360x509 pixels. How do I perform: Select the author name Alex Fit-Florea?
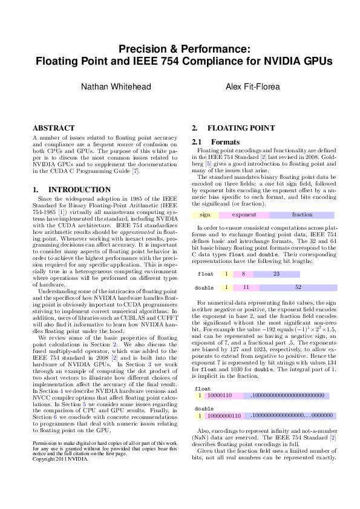pyautogui.click(x=252, y=87)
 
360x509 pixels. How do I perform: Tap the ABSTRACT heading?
pyautogui.click(x=53, y=128)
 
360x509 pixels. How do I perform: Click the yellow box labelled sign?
pyautogui.click(x=205, y=215)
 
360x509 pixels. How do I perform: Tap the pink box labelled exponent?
pyautogui.click(x=244, y=215)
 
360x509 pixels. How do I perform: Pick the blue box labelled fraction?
pyautogui.click(x=302, y=215)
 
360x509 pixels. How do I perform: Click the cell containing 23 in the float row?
pyautogui.click(x=276, y=274)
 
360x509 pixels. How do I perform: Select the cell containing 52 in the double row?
pyautogui.click(x=298, y=287)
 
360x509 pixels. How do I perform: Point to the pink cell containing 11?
pyautogui.click(x=246, y=287)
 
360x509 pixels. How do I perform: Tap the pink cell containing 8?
pyautogui.click(x=243, y=274)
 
